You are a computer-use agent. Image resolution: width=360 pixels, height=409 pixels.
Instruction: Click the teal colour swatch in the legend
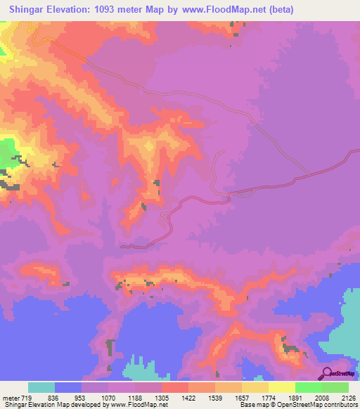[41, 388]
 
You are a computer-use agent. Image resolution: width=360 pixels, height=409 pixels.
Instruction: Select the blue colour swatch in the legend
[68, 388]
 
